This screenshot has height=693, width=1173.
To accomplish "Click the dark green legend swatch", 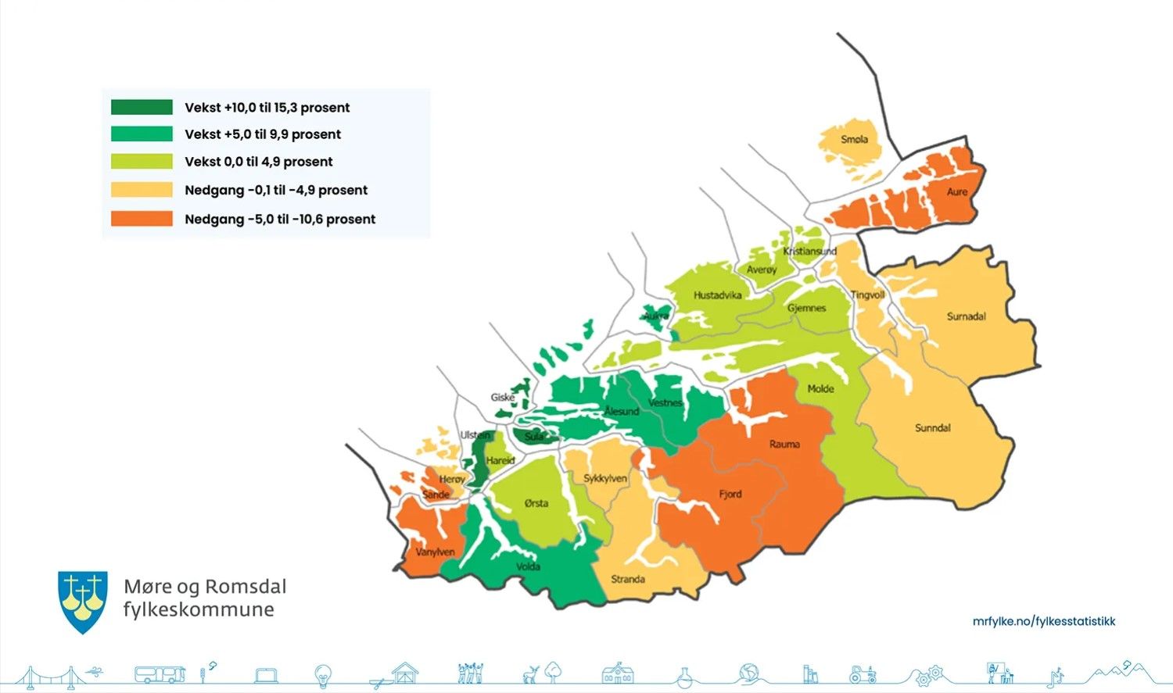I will coord(142,107).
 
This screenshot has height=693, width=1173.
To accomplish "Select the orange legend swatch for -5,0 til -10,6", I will coord(142,219).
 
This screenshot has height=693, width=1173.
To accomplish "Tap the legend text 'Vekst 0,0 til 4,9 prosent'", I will coord(259,162).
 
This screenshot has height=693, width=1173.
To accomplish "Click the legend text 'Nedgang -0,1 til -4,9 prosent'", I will coord(276,190).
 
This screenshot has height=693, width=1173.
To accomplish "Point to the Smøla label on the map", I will coord(854,139).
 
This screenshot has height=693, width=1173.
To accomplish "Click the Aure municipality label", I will coord(957,191).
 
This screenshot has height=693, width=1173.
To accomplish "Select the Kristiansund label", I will coord(809,251).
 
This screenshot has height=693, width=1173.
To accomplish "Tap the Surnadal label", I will coord(966,316).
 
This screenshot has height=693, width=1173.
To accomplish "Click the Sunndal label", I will coord(933,428).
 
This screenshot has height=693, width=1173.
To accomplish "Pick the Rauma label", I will coord(784,444).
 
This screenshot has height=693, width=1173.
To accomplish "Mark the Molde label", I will coord(820,388).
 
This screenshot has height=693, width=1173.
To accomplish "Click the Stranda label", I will coord(628,579).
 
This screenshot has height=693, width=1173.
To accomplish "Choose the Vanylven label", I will coord(435,552).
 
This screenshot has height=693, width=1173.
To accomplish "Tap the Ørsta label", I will coord(536,503).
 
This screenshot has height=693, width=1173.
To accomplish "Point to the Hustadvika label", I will coord(717,295).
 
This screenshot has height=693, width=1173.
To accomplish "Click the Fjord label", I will coord(730,494).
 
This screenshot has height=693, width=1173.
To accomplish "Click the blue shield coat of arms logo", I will coord(83,600).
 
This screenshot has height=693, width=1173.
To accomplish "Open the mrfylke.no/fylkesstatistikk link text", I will coord(1043,621).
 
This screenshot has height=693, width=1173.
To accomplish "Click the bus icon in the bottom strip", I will coord(160,674).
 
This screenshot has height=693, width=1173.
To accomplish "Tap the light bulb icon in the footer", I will coord(323,674).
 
